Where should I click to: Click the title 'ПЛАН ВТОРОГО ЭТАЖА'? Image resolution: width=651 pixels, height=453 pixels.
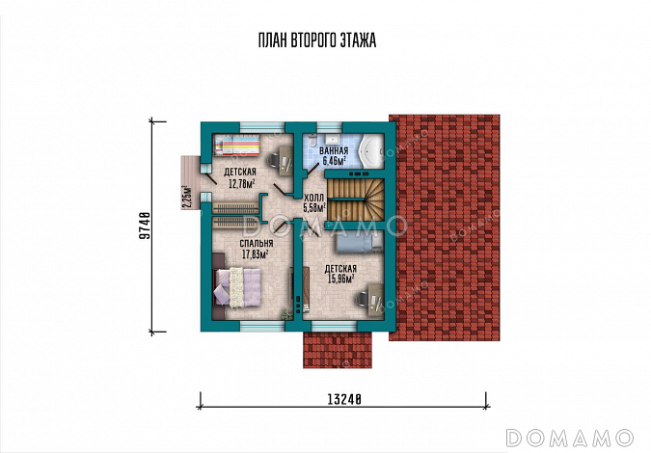click(x=317, y=40)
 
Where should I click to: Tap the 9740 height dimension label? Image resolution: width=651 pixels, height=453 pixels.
click(x=144, y=226)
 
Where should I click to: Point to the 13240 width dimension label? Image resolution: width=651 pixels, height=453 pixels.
click(x=344, y=399)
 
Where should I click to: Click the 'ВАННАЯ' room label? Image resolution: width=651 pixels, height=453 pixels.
click(x=334, y=150)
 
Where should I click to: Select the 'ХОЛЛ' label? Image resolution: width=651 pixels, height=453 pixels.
click(x=313, y=198)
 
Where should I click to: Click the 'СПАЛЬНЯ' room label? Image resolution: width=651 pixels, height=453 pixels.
click(x=257, y=243)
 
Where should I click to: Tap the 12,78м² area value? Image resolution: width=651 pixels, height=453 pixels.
click(x=242, y=183)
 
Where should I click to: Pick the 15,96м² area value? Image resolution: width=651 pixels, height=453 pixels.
click(x=340, y=279)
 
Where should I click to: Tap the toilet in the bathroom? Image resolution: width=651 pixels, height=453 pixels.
click(x=312, y=139)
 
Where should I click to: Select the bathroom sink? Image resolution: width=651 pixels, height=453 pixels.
click(x=333, y=138)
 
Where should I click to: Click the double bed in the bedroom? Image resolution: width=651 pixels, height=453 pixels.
click(x=236, y=287)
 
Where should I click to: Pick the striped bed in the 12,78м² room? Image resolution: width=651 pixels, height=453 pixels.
click(x=237, y=146)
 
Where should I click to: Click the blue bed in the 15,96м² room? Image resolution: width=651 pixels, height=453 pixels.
click(x=359, y=242)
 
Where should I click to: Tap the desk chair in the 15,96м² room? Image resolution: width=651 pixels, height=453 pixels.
click(x=361, y=298)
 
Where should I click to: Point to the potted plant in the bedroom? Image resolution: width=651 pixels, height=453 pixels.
click(x=286, y=314)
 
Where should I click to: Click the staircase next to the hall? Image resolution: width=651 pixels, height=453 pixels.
click(x=355, y=200)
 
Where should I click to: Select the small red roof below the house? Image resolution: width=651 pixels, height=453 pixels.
click(x=338, y=350)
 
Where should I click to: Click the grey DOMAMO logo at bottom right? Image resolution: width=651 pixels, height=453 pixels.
click(x=570, y=438)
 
